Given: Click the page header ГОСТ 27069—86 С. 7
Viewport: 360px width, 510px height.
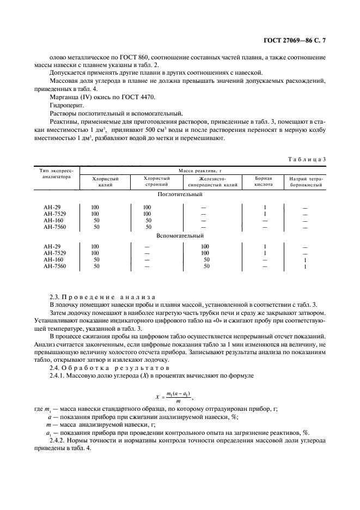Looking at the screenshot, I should [x=302, y=41].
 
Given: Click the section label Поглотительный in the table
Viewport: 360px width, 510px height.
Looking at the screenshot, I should [x=180, y=194].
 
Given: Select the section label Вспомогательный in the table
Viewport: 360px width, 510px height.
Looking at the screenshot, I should [x=180, y=236].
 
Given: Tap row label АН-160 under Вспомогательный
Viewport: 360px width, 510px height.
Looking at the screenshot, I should [x=53, y=260].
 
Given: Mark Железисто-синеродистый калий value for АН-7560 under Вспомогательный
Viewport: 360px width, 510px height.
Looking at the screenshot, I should [x=206, y=266].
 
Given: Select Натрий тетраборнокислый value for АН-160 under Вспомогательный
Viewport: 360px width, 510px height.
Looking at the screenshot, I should [x=305, y=260].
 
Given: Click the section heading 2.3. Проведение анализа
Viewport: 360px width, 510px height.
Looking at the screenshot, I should [x=102, y=297].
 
